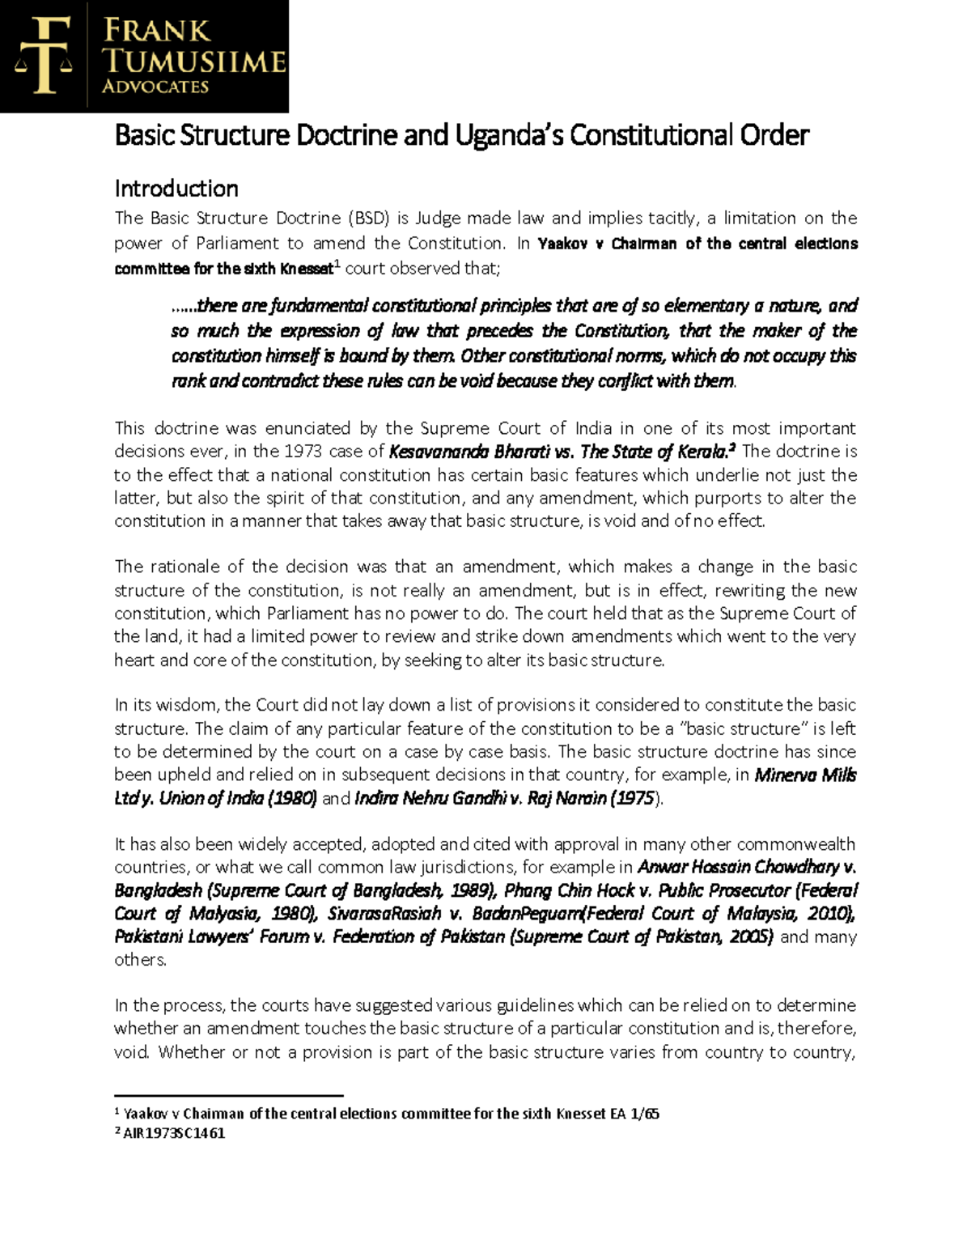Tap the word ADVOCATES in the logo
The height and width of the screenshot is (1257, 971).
coord(155,87)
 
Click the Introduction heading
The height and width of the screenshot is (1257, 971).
coord(176,189)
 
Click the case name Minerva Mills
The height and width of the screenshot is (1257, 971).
coord(805,775)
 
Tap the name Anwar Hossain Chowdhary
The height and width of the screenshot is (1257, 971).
coord(738,868)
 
